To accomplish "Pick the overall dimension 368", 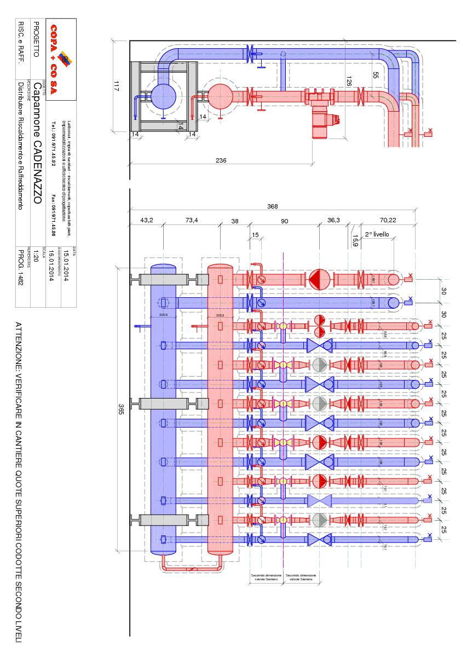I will click(272, 206).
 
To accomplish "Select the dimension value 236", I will click(221, 160).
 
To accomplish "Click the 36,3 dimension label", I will click(334, 220).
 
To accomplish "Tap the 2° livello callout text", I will click(377, 234).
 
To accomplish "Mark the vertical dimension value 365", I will click(122, 408).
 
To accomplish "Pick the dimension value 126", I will click(348, 81).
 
